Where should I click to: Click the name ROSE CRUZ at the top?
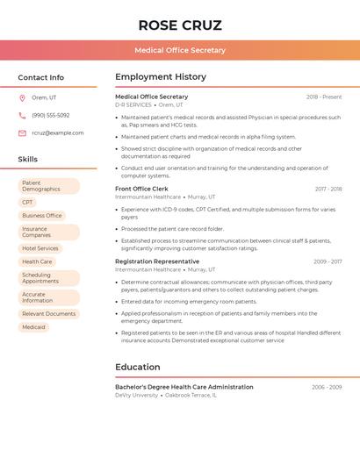[180, 25]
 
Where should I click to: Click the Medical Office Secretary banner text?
[180, 50]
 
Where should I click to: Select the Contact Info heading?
[40, 77]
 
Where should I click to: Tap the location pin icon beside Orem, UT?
[22, 97]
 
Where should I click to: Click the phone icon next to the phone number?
[22, 115]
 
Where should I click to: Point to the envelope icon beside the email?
[22, 133]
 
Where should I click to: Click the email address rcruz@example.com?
[58, 133]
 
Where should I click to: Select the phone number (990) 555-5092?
[51, 115]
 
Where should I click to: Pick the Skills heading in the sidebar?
[27, 159]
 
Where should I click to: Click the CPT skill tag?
[28, 202]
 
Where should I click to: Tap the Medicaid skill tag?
[33, 327]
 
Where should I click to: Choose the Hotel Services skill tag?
[40, 248]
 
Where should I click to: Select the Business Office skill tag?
[42, 215]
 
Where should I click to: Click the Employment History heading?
[161, 77]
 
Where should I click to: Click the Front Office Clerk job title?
[141, 189]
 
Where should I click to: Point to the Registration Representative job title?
[157, 261]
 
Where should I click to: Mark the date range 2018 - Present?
[324, 97]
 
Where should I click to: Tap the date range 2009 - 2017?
[328, 261]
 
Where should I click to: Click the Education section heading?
[138, 367]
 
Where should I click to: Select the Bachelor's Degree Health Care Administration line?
[184, 387]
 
